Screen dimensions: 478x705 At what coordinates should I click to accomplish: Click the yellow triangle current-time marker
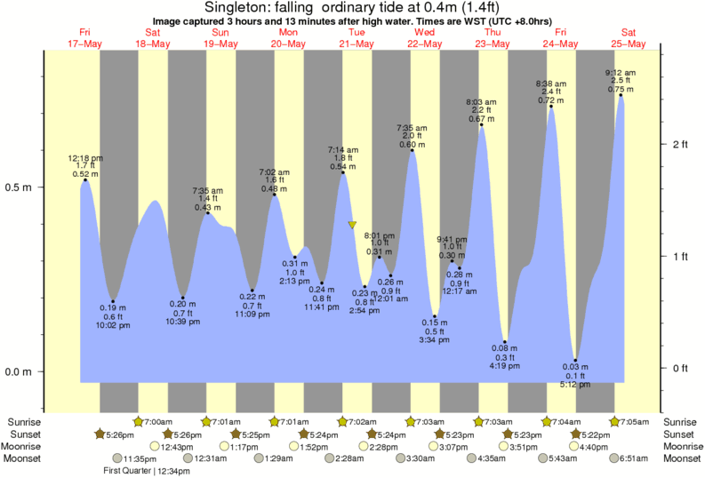[352, 226]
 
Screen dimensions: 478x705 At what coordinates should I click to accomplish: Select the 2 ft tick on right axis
[681, 144]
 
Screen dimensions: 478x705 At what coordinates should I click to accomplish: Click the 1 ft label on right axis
[681, 257]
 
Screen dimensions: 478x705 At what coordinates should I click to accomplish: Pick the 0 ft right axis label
[681, 369]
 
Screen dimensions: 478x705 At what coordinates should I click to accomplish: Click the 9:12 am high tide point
[621, 95]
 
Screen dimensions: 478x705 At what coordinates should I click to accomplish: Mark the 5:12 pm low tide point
[576, 360]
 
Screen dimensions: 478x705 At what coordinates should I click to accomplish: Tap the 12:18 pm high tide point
[85, 180]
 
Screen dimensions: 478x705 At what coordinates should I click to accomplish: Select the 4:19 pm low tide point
[505, 342]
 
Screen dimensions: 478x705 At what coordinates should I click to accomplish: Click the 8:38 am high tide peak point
[552, 107]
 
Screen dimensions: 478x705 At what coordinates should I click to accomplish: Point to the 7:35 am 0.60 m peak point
[412, 150]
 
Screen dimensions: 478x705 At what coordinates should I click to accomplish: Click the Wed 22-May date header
[425, 38]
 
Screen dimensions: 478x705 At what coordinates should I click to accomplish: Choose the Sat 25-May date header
[629, 38]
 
